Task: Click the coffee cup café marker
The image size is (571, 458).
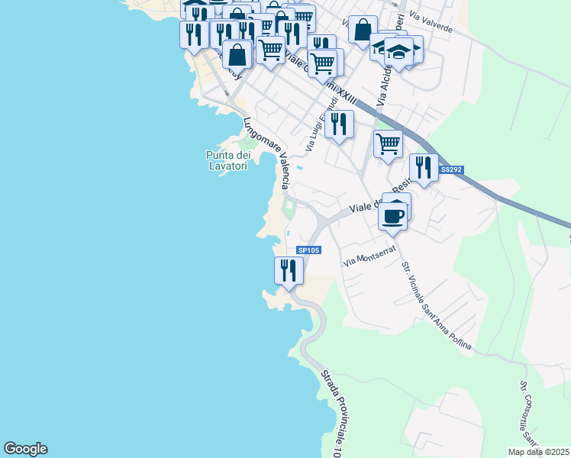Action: (394, 215)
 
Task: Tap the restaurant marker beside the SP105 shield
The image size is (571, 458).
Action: (289, 270)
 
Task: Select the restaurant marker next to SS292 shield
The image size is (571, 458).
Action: (424, 167)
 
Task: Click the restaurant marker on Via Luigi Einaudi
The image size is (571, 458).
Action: (339, 124)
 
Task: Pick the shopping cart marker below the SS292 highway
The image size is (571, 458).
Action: (389, 143)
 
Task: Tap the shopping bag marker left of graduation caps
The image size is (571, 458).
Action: (363, 29)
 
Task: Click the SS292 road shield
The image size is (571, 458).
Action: (452, 169)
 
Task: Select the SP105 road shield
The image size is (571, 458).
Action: (308, 250)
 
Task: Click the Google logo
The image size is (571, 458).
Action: (25, 449)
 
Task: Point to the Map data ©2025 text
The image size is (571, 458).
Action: (538, 451)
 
